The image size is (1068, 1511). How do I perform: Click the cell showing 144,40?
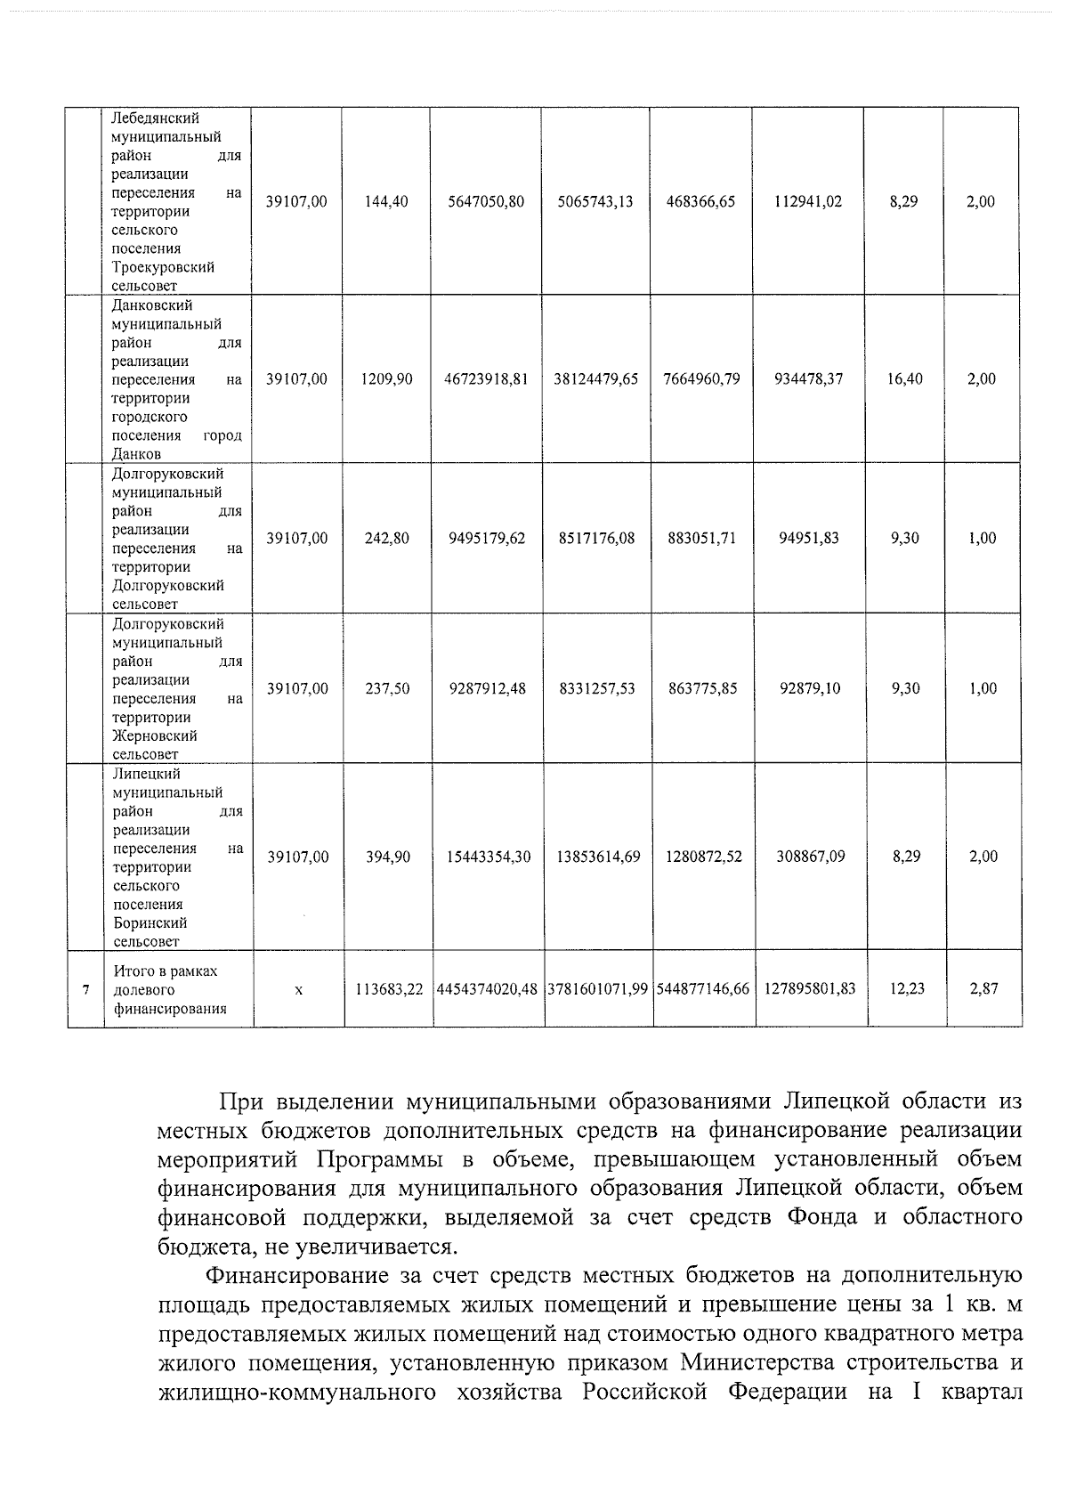386,202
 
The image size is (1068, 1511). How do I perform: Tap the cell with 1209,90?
386,379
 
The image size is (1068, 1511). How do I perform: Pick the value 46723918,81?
486,379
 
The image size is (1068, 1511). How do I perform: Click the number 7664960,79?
701,379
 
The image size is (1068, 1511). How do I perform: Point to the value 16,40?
904,379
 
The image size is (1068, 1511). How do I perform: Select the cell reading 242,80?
387,539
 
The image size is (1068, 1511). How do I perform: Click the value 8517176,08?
596,539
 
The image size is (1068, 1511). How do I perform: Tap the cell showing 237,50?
387,689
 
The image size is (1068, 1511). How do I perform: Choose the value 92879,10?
809,689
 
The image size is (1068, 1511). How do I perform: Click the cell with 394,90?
388,857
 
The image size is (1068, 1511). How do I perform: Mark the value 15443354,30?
489,857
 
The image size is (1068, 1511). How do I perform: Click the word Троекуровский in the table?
163,268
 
